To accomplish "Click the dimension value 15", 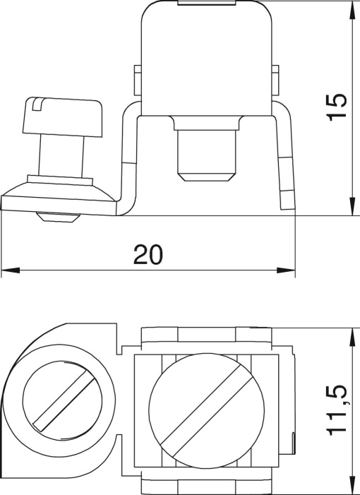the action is (x=337, y=107).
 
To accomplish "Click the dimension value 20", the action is (x=148, y=254).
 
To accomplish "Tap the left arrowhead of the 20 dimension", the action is (x=11, y=270).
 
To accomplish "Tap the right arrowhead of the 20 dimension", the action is (x=286, y=270).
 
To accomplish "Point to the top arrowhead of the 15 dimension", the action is (x=352, y=9).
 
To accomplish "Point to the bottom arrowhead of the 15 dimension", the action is (x=352, y=206).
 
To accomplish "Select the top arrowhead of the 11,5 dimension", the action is (x=352, y=337).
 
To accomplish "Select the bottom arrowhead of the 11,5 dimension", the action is (x=352, y=486).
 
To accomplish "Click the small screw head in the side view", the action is (x=63, y=117).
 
